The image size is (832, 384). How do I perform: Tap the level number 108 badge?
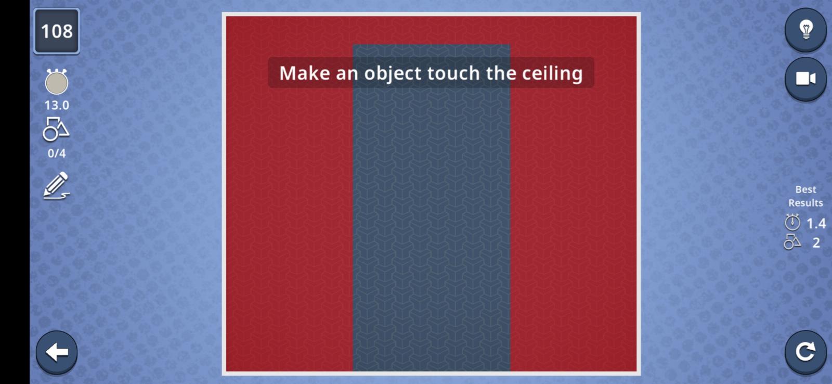[x=57, y=31]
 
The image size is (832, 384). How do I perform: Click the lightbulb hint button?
[x=805, y=30]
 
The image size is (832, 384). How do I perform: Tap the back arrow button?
[x=57, y=352]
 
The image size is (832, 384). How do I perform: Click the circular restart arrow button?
[x=805, y=352]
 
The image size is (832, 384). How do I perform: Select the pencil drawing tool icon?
[x=57, y=185]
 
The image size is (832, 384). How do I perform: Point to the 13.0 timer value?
[x=57, y=105]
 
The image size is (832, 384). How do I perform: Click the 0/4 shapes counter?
[x=57, y=153]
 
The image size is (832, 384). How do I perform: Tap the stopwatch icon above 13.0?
[x=57, y=82]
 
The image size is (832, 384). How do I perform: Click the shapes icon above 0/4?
[x=56, y=129]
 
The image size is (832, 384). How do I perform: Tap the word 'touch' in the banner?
[x=453, y=73]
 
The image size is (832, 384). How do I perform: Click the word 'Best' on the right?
[x=805, y=189]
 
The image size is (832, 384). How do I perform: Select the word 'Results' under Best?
[x=805, y=202]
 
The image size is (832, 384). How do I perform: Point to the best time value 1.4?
[x=816, y=223]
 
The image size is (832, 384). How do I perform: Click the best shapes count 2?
[x=816, y=243]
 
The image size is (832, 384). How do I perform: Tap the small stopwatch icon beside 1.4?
[x=792, y=222]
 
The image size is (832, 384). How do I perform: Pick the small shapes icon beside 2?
[x=792, y=242]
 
